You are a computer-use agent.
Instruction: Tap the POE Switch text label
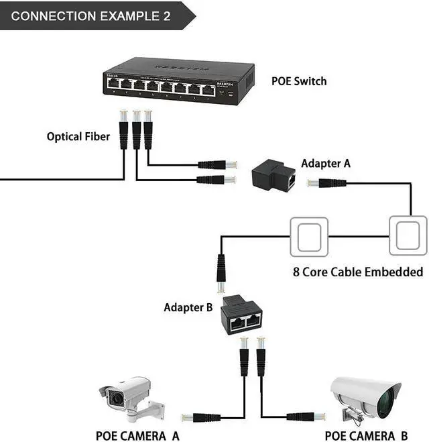click(299, 81)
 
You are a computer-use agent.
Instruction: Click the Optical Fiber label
click(78, 136)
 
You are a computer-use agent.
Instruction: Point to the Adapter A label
click(326, 163)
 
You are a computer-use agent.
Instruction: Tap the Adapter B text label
click(188, 308)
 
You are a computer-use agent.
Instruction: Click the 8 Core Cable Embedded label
click(358, 272)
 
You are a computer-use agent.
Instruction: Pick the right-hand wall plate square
click(408, 235)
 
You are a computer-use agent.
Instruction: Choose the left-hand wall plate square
click(309, 235)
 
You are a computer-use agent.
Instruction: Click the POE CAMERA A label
click(137, 435)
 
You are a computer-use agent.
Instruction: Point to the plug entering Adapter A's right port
click(326, 182)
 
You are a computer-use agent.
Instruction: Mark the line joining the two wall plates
click(359, 235)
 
